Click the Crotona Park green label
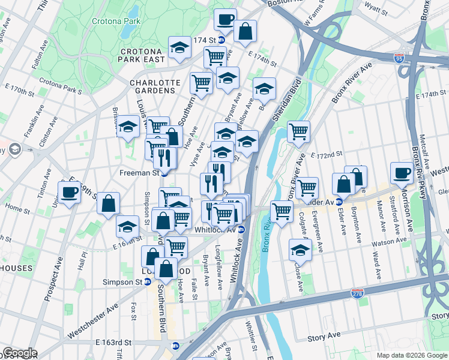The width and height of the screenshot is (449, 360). pos(116,21)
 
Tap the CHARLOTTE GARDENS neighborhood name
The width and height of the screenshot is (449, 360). pos(155,86)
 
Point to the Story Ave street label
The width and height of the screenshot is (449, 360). pos(324,338)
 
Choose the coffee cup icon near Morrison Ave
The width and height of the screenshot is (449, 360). pos(402,173)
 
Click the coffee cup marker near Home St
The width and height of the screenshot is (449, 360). pos(69,192)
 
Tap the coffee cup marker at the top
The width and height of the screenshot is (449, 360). pos(225,19)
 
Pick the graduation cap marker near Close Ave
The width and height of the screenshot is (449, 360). pos(300,250)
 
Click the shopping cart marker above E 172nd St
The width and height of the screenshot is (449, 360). pos(298,131)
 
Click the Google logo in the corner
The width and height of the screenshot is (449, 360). pos(20,353)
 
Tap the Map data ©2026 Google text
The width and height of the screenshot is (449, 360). pos(411,355)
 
